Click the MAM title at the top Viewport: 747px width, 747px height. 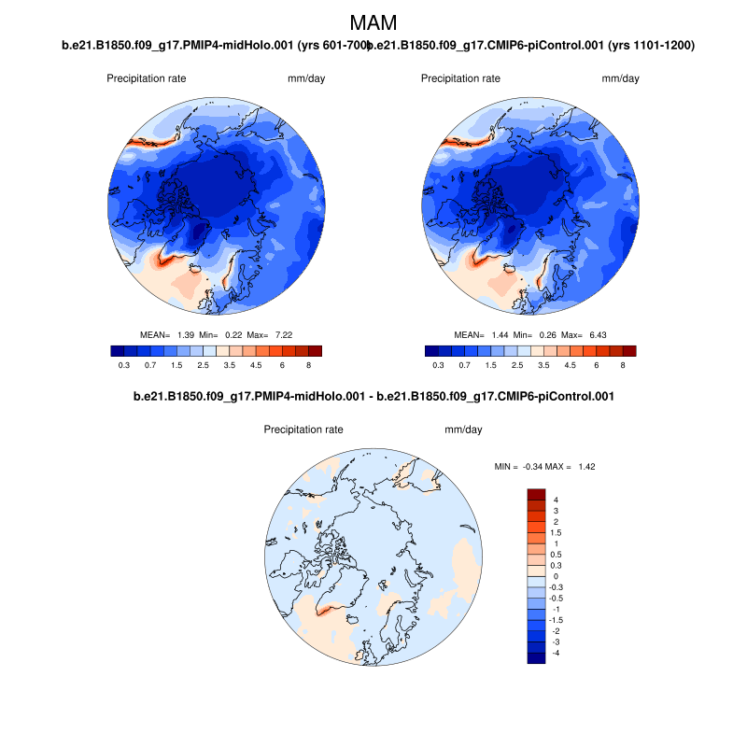click(x=373, y=21)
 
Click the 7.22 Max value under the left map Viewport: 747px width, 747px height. click(x=257, y=334)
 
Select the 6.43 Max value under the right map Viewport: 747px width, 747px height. click(x=571, y=334)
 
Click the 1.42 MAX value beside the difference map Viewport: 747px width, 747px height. click(x=586, y=466)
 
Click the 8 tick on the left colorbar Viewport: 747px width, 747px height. click(x=308, y=366)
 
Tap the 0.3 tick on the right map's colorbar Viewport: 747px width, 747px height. click(x=438, y=366)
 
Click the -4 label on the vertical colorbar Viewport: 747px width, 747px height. click(x=556, y=652)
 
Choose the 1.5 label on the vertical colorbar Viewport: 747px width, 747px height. click(x=557, y=532)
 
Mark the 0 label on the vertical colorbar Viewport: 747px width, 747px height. click(x=556, y=576)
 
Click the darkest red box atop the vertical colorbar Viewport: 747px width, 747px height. click(x=536, y=494)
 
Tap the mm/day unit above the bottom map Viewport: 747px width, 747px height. click(x=463, y=430)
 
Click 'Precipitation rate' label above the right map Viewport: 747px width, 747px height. click(x=460, y=78)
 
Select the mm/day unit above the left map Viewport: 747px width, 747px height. click(x=306, y=78)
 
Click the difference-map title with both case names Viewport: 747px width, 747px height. click(x=373, y=397)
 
